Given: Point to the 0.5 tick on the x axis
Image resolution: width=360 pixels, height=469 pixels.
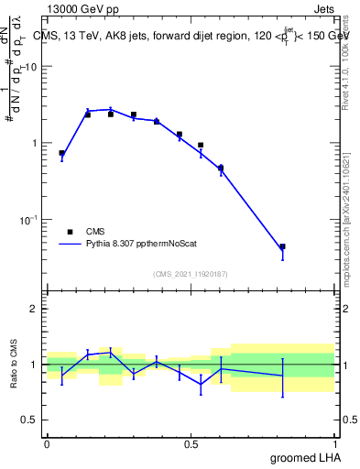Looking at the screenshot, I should click(191, 443).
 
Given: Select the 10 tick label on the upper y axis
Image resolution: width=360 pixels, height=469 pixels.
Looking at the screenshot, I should click(30, 68).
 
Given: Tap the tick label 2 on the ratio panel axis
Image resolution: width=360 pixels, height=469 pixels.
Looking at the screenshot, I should click(35, 309).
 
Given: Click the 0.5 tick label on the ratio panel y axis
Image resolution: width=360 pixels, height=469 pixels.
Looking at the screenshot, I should click(30, 420).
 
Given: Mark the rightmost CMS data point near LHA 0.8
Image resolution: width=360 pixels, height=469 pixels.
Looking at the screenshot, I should click(282, 246).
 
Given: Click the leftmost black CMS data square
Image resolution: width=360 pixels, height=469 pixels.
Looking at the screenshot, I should click(61, 153).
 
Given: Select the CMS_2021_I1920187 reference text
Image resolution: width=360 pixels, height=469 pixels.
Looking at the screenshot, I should click(191, 273).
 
